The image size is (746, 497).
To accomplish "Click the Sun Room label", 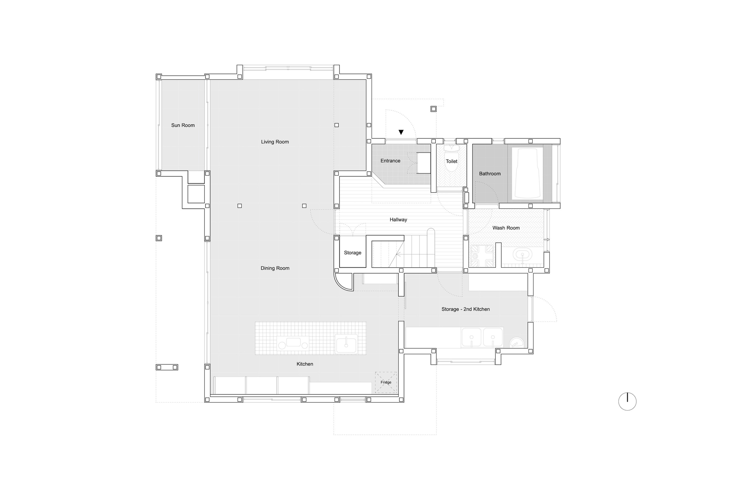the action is [183, 125].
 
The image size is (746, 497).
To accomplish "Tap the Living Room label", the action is [275, 142].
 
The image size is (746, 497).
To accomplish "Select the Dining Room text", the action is [275, 268].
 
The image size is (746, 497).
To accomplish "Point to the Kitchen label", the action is [305, 364].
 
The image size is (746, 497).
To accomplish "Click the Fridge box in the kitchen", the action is [386, 382].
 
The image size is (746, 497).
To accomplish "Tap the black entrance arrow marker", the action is [401, 132].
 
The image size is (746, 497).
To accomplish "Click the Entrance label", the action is [391, 161].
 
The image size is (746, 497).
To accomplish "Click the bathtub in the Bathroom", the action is [527, 173].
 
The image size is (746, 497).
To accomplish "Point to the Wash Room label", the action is [506, 228].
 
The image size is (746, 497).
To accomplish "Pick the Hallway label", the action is [398, 220].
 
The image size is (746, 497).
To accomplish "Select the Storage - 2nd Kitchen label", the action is [466, 309].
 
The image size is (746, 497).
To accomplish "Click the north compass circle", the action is [627, 402].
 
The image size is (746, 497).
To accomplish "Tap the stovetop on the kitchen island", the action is [294, 343].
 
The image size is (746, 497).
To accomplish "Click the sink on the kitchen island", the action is [346, 344].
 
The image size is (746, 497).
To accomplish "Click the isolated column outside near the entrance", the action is [433, 109].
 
